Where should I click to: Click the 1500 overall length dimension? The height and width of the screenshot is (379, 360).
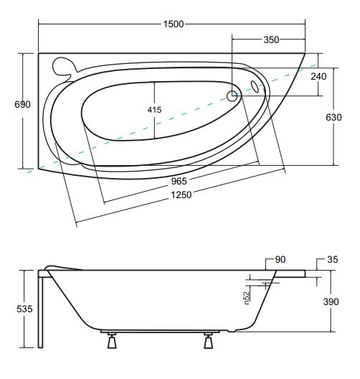click(x=174, y=24)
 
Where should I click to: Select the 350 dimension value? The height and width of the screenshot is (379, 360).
click(x=271, y=40)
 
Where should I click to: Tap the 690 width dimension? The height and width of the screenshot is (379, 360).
click(x=22, y=104)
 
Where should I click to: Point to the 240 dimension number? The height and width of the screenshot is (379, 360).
click(x=318, y=76)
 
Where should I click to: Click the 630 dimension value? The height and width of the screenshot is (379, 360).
click(x=333, y=117)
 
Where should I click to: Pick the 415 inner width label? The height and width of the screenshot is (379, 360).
click(x=154, y=110)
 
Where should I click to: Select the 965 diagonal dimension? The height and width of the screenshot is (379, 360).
click(x=179, y=182)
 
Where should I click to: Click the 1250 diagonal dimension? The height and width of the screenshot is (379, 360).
click(x=181, y=195)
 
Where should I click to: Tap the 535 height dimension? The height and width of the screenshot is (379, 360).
click(x=24, y=309)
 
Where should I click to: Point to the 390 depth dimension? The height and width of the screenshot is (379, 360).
click(x=331, y=301)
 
